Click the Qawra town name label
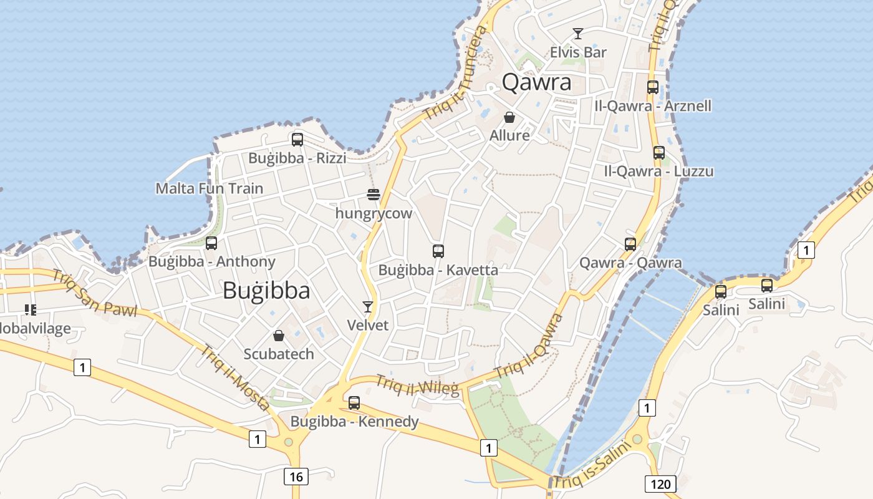tap(536, 82)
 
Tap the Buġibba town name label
tap(266, 291)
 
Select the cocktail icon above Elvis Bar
tap(578, 34)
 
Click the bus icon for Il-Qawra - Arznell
tap(653, 87)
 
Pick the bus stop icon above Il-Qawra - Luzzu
tap(659, 153)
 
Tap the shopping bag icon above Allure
tap(509, 117)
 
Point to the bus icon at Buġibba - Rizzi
tap(297, 140)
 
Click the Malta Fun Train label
tap(210, 188)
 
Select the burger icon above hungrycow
tap(374, 195)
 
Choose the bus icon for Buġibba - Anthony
tap(211, 243)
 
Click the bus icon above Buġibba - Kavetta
tap(438, 251)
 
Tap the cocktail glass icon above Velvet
tap(368, 306)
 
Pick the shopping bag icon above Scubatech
tap(279, 336)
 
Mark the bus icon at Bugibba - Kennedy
tap(354, 403)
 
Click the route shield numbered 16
tap(296, 477)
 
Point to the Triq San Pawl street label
tap(94, 293)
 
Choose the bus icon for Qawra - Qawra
tap(630, 245)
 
